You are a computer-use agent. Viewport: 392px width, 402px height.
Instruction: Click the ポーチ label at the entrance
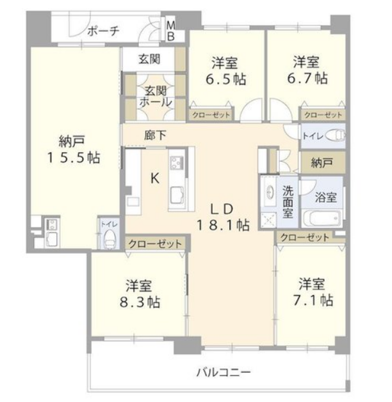103,31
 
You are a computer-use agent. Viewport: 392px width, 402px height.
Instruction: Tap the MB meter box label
171,31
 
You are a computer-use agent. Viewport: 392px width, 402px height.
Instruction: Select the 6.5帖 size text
226,79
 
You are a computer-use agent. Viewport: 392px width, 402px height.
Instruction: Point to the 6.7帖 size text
307,78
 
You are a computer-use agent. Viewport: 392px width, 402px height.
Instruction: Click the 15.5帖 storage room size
74,157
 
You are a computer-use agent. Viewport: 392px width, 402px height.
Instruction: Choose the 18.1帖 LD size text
223,226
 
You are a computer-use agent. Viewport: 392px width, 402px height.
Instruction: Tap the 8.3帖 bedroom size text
140,302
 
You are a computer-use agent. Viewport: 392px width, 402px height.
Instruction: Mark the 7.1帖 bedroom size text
313,300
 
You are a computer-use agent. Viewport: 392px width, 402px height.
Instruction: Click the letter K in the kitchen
154,178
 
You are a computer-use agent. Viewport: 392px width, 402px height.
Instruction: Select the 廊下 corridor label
155,135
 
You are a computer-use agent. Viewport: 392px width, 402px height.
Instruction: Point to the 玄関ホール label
156,97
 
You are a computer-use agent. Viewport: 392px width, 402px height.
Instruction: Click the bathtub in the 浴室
322,218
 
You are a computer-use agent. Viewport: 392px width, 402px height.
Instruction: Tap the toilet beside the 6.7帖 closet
334,135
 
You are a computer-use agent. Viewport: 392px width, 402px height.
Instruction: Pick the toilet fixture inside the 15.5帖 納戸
109,238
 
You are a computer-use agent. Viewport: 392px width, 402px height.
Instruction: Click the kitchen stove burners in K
177,162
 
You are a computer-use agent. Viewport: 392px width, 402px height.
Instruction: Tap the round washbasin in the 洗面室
268,192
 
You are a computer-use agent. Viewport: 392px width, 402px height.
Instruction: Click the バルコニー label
224,372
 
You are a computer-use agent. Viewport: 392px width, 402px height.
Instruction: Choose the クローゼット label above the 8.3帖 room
155,244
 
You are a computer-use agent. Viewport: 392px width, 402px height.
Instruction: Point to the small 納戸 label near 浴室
322,162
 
